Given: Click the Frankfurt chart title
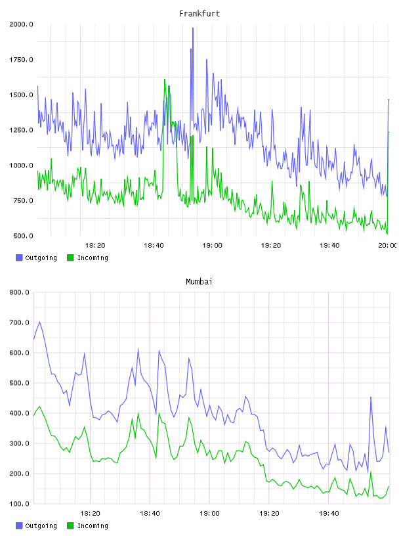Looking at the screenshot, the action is pyautogui.click(x=199, y=13).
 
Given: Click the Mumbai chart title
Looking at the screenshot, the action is pyautogui.click(x=199, y=281).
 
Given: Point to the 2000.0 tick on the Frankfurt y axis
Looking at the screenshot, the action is pyautogui.click(x=21, y=24).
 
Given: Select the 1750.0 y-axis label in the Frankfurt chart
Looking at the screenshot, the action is pyautogui.click(x=21, y=60).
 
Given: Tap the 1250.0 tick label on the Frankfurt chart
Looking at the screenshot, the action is pyautogui.click(x=21, y=130).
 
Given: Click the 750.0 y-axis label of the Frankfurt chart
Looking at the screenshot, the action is pyautogui.click(x=23, y=200).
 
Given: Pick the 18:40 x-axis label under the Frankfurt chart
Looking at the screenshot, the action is pyautogui.click(x=154, y=245).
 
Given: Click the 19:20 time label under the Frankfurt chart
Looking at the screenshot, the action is pyautogui.click(x=271, y=245).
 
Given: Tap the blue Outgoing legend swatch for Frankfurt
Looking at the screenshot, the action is pyautogui.click(x=19, y=257).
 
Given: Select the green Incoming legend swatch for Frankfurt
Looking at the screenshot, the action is pyautogui.click(x=70, y=257).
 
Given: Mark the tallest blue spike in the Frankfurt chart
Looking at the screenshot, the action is pyautogui.click(x=193, y=28).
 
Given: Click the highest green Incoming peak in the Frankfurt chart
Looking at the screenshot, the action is pyautogui.click(x=165, y=79).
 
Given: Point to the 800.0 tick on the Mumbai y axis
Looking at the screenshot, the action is pyautogui.click(x=20, y=292).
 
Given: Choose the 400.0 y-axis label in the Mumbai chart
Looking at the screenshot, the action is pyautogui.click(x=20, y=413).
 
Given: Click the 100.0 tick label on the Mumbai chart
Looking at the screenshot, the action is pyautogui.click(x=20, y=504).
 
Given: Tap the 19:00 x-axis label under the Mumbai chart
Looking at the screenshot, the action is pyautogui.click(x=209, y=513).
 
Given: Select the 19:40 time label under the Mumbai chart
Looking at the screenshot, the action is pyautogui.click(x=329, y=513).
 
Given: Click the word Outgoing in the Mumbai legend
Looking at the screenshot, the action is pyautogui.click(x=41, y=525).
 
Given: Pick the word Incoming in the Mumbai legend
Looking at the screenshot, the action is pyautogui.click(x=93, y=525).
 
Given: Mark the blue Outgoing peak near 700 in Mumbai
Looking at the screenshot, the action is pyautogui.click(x=39, y=322).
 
